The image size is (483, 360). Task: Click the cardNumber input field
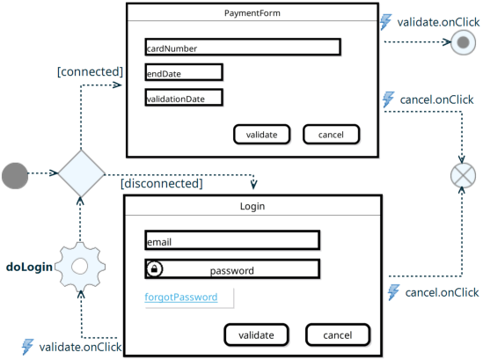coord(243,48)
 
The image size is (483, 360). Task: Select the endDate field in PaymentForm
coord(184,72)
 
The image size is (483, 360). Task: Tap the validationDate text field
coord(184,98)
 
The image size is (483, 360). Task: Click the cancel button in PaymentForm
coord(331,135)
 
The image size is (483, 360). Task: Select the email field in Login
coord(232,240)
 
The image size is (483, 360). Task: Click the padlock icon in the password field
coord(154,268)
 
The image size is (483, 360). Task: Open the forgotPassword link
coord(181,298)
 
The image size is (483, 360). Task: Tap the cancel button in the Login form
coord(338,334)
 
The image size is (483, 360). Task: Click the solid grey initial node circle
coord(15,176)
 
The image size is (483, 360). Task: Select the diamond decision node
coord(81,173)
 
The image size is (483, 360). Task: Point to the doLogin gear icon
coord(80,267)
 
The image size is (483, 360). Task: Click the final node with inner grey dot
coord(464,42)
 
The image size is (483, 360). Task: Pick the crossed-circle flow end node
coord(463,175)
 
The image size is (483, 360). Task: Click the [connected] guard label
coord(91,72)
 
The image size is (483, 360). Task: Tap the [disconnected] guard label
coord(162,184)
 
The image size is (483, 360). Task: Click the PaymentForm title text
coord(252,13)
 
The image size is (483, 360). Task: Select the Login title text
coord(252,206)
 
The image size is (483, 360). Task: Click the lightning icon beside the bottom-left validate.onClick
coord(28,347)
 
